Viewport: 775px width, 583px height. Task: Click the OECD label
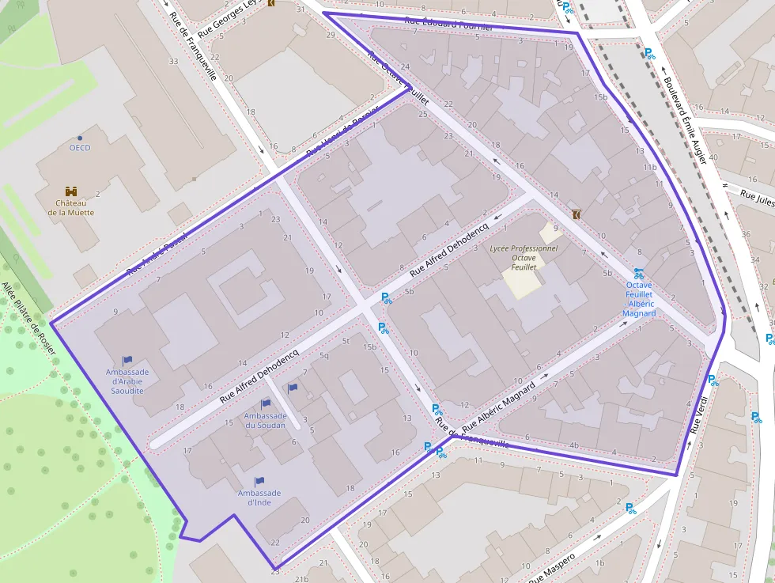click(x=79, y=148)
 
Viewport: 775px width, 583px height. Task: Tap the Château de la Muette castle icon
click(x=71, y=191)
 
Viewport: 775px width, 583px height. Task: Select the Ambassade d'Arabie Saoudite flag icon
click(x=127, y=360)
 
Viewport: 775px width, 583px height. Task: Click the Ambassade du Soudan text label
click(x=265, y=420)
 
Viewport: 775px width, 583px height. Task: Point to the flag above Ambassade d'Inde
click(x=259, y=481)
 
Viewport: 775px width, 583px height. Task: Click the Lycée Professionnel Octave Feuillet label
click(x=524, y=258)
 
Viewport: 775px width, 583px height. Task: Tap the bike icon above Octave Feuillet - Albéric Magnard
click(x=638, y=273)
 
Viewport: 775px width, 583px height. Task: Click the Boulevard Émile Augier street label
click(x=685, y=119)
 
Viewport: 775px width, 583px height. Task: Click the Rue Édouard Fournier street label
click(x=448, y=24)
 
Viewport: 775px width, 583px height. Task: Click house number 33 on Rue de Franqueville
click(x=173, y=61)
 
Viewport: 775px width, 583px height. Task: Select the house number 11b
click(x=650, y=168)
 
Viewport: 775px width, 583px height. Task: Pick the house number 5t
click(x=346, y=341)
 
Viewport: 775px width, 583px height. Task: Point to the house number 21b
click(x=301, y=578)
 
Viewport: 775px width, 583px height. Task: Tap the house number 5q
click(x=324, y=355)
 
